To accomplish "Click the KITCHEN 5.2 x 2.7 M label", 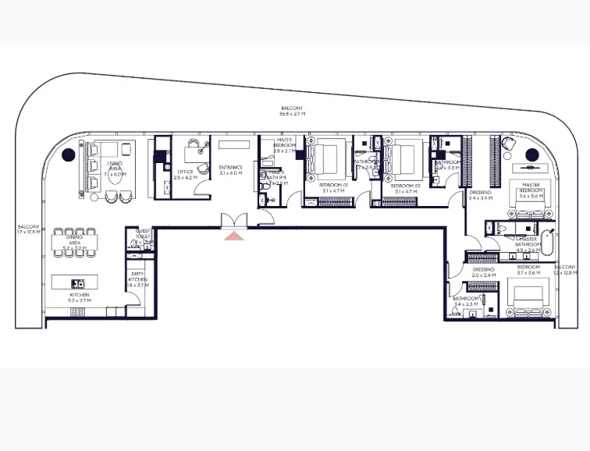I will (80, 298).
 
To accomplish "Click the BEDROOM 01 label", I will (333, 188).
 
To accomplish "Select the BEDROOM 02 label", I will (407, 188).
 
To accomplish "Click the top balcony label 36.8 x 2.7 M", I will (293, 111).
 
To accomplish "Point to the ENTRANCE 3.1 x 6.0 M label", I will (231, 170).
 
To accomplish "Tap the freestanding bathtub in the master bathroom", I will (549, 247).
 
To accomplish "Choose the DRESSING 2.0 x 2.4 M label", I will (484, 272).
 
